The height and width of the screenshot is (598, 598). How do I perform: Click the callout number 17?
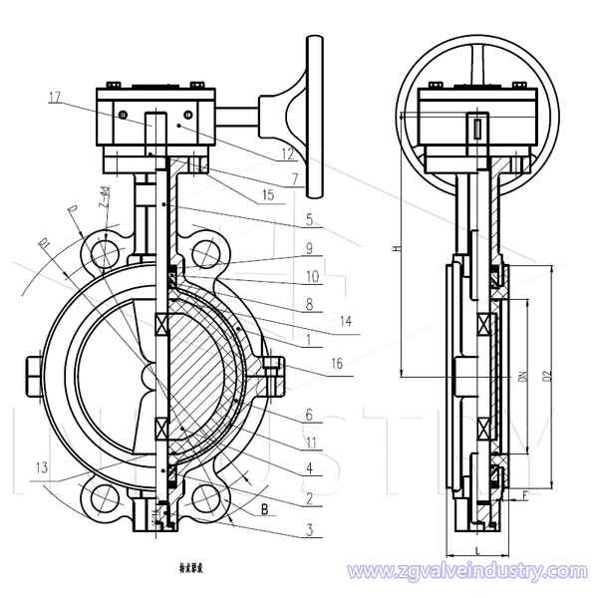(x=54, y=97)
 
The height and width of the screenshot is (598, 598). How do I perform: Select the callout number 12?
(x=288, y=154)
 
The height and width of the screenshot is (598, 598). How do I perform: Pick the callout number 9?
(x=310, y=246)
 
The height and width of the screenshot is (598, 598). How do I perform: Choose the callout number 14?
(x=347, y=321)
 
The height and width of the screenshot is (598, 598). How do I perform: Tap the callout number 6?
(x=310, y=412)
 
